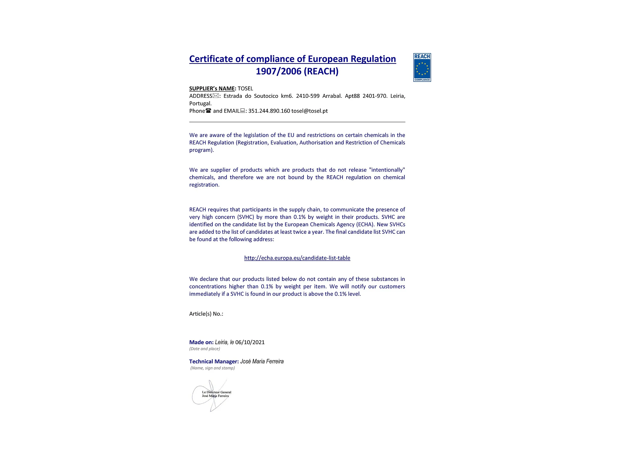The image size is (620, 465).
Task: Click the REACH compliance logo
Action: (x=422, y=67)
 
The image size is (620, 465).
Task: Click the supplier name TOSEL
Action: (x=245, y=89)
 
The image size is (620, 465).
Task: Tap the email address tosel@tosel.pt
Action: (x=309, y=111)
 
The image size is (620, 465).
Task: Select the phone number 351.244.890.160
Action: (x=269, y=111)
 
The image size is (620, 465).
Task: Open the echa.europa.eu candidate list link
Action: (x=297, y=258)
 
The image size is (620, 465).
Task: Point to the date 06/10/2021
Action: (x=250, y=342)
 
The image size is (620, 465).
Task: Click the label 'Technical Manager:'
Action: (x=214, y=362)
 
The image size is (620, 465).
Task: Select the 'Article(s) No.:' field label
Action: (x=206, y=314)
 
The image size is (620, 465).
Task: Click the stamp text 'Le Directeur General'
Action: (x=217, y=392)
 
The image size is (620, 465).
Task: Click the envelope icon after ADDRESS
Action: (x=216, y=96)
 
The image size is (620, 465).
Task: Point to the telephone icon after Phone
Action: (x=208, y=111)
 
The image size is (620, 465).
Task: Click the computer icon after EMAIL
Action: (x=243, y=111)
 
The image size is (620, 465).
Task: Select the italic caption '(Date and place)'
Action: (x=205, y=349)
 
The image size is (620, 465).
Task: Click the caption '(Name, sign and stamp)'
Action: (x=212, y=368)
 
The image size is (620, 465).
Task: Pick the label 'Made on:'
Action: (x=201, y=342)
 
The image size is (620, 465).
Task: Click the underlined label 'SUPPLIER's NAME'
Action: (x=212, y=89)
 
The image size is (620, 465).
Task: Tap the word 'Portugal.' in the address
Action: (x=200, y=103)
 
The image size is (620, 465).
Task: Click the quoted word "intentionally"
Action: (x=387, y=170)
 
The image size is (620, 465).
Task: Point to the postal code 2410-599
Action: (x=307, y=96)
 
